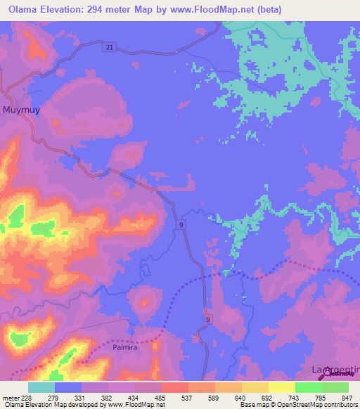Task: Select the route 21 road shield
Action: coord(107,46)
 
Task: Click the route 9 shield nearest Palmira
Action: coord(207,319)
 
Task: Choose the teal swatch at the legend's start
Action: coord(41,387)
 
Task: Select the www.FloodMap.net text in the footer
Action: coord(136,405)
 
